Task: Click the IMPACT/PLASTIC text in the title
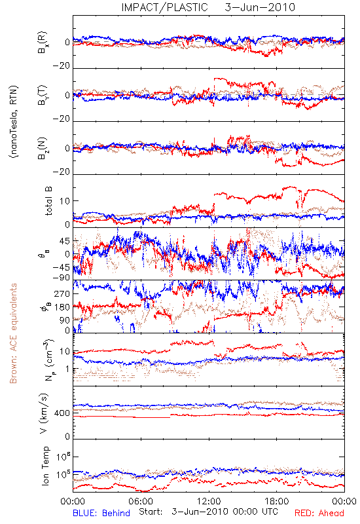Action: click(x=164, y=7)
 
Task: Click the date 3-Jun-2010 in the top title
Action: click(x=260, y=7)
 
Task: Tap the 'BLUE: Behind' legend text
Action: click(x=101, y=513)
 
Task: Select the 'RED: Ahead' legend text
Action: click(x=319, y=513)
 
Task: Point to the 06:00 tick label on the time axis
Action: click(x=141, y=501)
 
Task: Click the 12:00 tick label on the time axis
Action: click(x=209, y=501)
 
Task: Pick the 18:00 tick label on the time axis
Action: click(x=277, y=501)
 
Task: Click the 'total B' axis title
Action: click(x=48, y=201)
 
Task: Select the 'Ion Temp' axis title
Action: click(x=45, y=466)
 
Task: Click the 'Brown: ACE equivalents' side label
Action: click(x=13, y=333)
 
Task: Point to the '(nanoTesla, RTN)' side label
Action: click(x=14, y=122)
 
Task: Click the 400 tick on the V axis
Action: click(x=62, y=413)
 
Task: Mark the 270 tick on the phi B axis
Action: click(x=62, y=293)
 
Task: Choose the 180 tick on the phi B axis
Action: click(x=62, y=307)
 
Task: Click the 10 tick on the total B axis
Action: click(x=65, y=201)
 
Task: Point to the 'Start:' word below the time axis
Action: click(x=151, y=512)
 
